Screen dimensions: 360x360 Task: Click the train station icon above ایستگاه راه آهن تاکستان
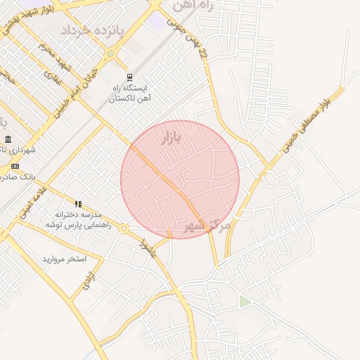coord(129,77)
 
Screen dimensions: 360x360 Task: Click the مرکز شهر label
coord(207,225)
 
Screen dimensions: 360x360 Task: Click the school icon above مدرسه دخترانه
coord(78,203)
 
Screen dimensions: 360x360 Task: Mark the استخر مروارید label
coord(64,259)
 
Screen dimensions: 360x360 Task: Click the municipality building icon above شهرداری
coord(7,139)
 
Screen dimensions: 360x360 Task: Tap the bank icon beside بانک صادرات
coord(15,166)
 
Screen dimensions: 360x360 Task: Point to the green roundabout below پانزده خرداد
coord(110,53)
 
